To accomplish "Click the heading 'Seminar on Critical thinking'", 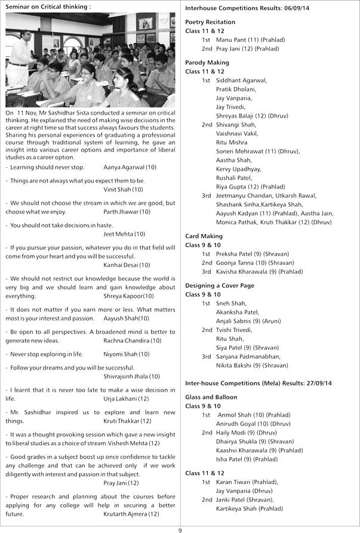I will click(x=48, y=7).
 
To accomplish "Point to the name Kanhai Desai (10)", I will click(x=127, y=264).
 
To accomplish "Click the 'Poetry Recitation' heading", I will click(x=210, y=21).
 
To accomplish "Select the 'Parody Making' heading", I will click(x=207, y=63).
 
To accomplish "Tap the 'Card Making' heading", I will click(x=204, y=236).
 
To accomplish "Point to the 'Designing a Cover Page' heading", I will click(x=219, y=286).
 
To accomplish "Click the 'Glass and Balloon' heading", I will click(x=211, y=397).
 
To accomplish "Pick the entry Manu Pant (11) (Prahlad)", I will click(x=250, y=39).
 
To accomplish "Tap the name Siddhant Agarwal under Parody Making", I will click(x=241, y=80).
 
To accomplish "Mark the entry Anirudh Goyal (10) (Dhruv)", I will click(x=253, y=424).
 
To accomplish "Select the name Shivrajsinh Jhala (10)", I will click(x=131, y=377).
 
